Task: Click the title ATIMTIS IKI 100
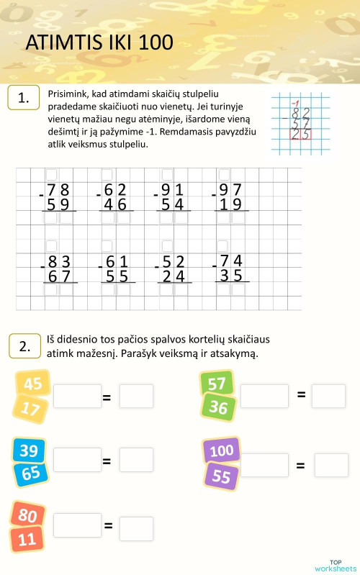click(x=99, y=43)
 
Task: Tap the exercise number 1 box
click(x=24, y=99)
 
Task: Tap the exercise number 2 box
click(x=24, y=346)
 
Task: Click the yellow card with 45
click(x=33, y=384)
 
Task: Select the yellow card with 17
click(x=31, y=409)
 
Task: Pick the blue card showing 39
click(x=29, y=451)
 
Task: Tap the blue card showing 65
click(x=31, y=474)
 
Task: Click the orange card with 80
click(x=27, y=516)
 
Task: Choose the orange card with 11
click(x=27, y=539)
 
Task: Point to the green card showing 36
click(x=218, y=407)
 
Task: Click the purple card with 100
click(x=221, y=451)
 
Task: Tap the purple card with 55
click(x=221, y=476)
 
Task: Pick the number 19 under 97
click(x=230, y=204)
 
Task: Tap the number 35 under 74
click(x=230, y=276)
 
